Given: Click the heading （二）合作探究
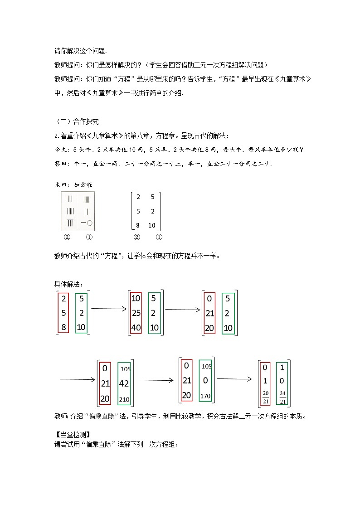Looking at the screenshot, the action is pyautogui.click(x=76, y=121).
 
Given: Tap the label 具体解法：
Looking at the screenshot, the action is pyautogui.click(x=69, y=284).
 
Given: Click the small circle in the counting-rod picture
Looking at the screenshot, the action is pyautogui.click(x=90, y=223).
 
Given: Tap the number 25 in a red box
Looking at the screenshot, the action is pyautogui.click(x=136, y=313).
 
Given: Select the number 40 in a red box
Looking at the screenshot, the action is pyautogui.click(x=136, y=327).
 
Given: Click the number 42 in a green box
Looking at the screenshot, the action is pyautogui.click(x=124, y=383).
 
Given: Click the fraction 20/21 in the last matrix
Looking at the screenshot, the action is pyautogui.click(x=266, y=398).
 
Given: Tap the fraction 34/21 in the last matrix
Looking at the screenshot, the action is pyautogui.click(x=282, y=398).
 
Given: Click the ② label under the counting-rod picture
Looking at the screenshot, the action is pyautogui.click(x=67, y=237).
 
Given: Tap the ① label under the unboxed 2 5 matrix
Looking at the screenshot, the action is pyautogui.click(x=159, y=237).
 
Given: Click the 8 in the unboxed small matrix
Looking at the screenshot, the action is pyautogui.click(x=138, y=225).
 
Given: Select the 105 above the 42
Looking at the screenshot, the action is pyautogui.click(x=125, y=369).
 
